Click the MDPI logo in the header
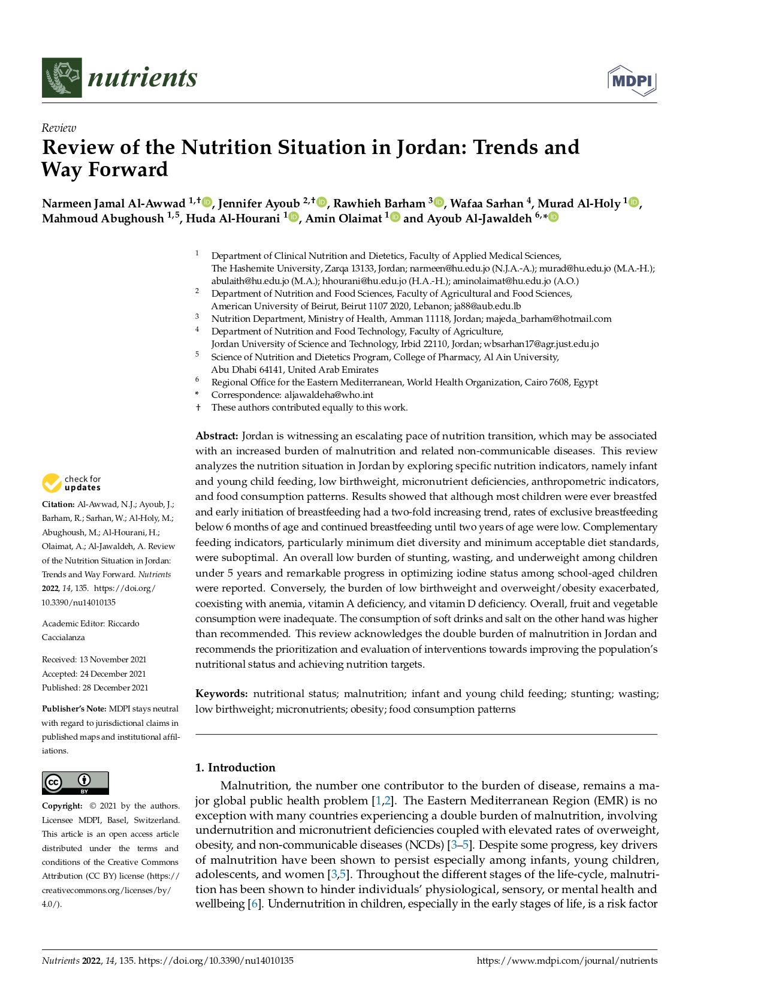point(632,81)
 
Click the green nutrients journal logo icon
point(62,78)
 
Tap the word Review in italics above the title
point(59,128)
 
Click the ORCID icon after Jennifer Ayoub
point(322,203)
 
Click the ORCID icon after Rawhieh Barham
point(439,203)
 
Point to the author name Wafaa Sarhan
point(487,204)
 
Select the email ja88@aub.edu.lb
point(487,306)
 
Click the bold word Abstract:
point(217,436)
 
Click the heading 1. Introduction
point(235,767)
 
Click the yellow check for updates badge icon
point(52,483)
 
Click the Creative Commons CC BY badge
point(76,783)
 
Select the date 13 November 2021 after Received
point(113,659)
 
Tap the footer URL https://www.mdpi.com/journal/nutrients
point(567,961)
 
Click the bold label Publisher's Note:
point(74,708)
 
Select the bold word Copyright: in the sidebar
point(62,806)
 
